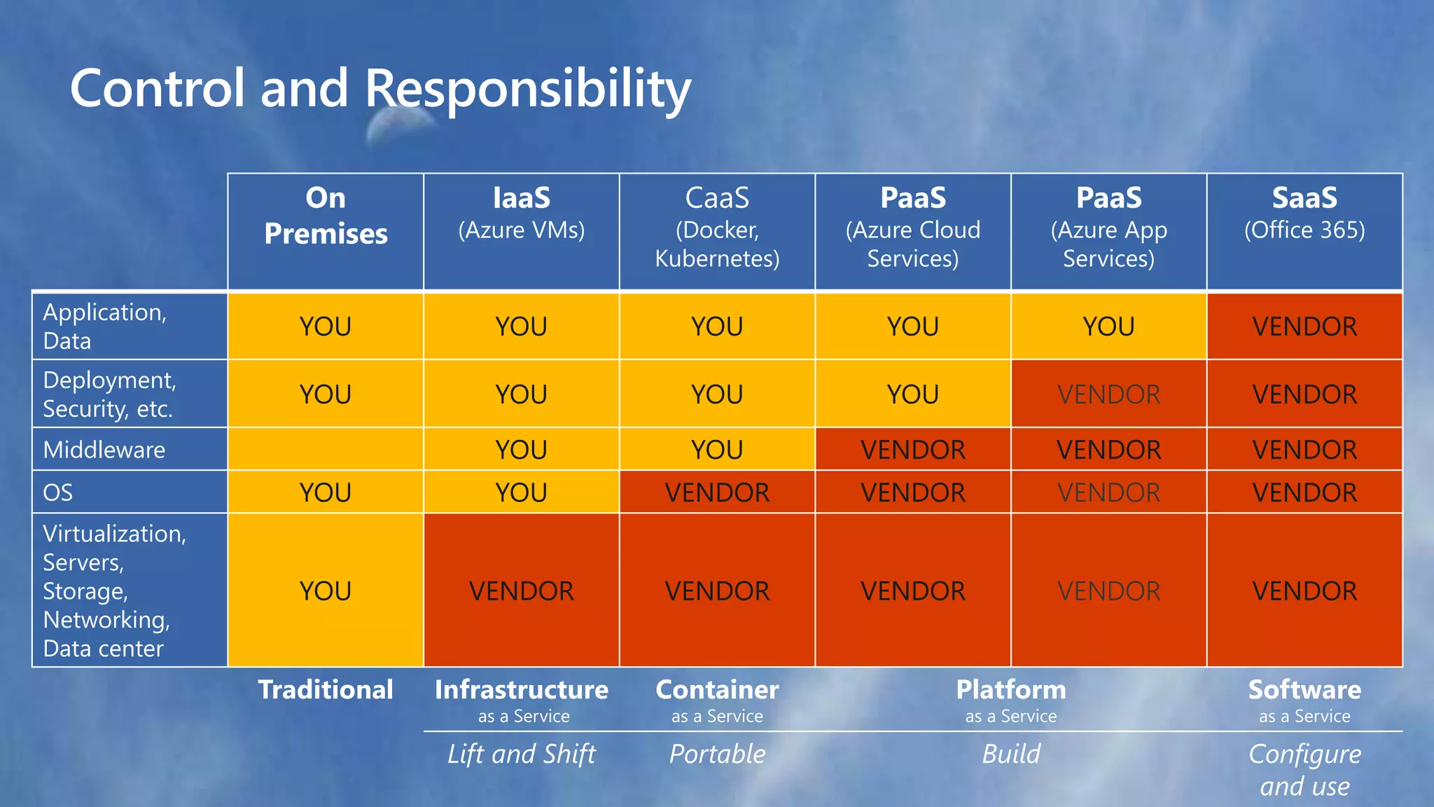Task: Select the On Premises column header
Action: click(x=326, y=216)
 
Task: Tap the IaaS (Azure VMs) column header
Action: click(x=521, y=212)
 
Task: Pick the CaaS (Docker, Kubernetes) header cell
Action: click(x=717, y=228)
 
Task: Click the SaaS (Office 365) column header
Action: click(x=1304, y=212)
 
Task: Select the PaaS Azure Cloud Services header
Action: click(x=912, y=228)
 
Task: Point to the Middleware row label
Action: click(x=104, y=450)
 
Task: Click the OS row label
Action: click(x=58, y=492)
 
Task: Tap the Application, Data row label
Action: click(x=105, y=326)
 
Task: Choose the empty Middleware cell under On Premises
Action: click(x=326, y=449)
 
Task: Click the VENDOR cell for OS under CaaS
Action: click(x=717, y=492)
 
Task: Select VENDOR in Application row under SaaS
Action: click(x=1304, y=326)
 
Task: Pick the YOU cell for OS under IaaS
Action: click(x=521, y=492)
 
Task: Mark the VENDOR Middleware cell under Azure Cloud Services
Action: click(x=912, y=450)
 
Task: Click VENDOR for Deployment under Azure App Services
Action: click(x=1108, y=394)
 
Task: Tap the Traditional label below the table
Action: click(x=326, y=690)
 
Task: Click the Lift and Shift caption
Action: click(x=521, y=754)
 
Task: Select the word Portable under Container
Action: click(x=717, y=754)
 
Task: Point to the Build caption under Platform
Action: click(x=1010, y=754)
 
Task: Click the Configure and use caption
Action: click(x=1304, y=769)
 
